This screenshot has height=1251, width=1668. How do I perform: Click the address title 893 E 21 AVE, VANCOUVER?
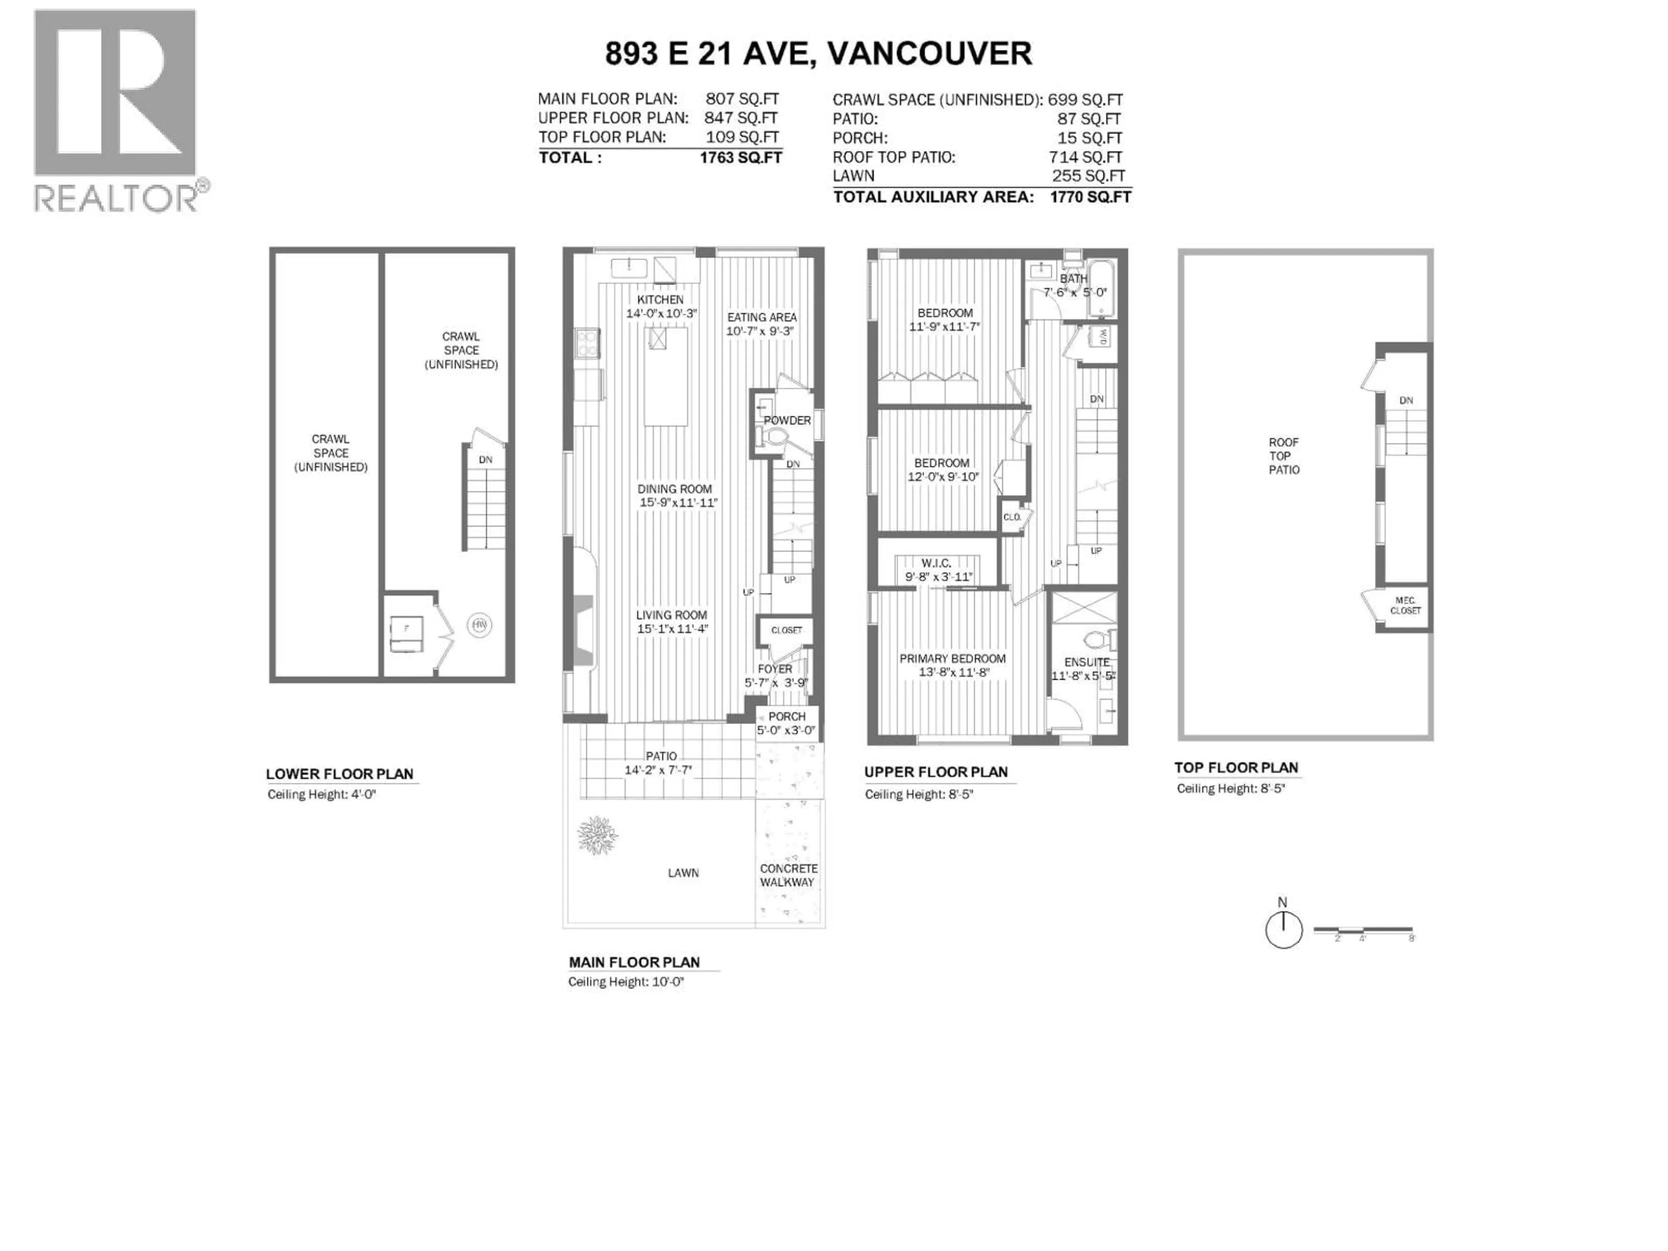pyautogui.click(x=818, y=53)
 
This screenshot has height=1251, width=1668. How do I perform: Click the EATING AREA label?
pyautogui.click(x=761, y=318)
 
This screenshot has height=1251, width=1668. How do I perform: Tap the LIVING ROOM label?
pyautogui.click(x=671, y=615)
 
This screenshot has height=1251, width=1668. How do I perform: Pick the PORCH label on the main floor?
pyautogui.click(x=787, y=716)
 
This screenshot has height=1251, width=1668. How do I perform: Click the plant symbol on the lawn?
pyautogui.click(x=597, y=835)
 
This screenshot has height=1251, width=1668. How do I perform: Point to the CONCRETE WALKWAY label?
pyautogui.click(x=788, y=875)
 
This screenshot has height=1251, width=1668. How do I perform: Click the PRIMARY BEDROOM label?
pyautogui.click(x=952, y=659)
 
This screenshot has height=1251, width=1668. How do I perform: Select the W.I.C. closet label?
pyautogui.click(x=936, y=563)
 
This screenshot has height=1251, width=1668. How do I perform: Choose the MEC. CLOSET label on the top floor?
pyautogui.click(x=1404, y=606)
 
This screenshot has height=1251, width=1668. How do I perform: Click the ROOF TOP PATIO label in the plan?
pyautogui.click(x=1284, y=456)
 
